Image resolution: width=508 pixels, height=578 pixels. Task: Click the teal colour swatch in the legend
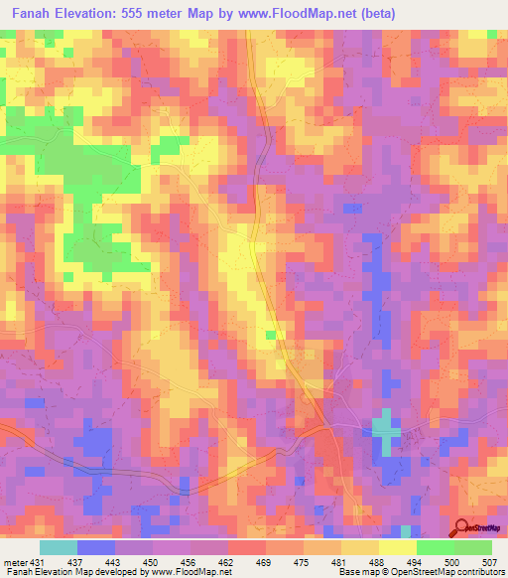[x=59, y=547]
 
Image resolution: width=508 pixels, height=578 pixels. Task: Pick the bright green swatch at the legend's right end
[x=472, y=547]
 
